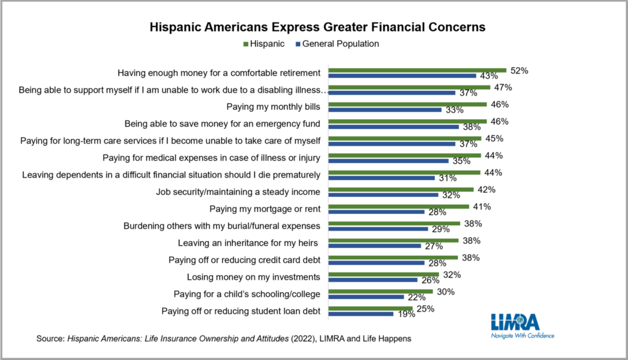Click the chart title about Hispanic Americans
[318, 27]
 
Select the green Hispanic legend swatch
[245, 44]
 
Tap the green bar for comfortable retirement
[417, 71]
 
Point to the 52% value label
[519, 71]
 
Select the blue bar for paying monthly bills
[385, 109]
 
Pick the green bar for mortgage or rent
[399, 207]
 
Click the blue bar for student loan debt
[361, 314]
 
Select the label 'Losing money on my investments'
[253, 277]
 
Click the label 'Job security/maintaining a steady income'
[238, 192]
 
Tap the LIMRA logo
[515, 323]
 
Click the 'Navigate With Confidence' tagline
[523, 336]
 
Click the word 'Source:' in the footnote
[51, 339]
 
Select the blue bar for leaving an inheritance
[375, 246]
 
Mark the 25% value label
[425, 309]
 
